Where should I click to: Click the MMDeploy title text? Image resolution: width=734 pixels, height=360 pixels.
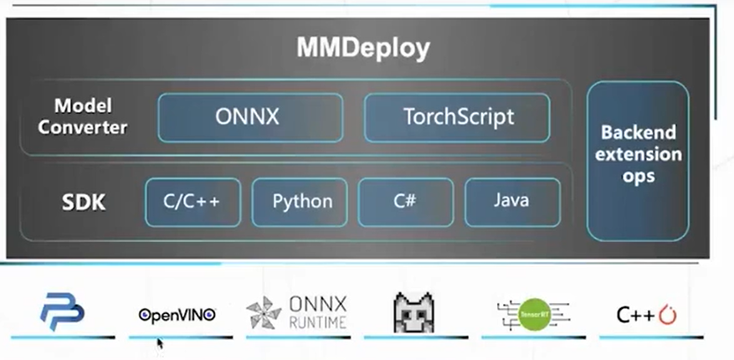click(x=363, y=49)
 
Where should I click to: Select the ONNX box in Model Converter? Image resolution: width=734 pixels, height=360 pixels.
click(x=250, y=116)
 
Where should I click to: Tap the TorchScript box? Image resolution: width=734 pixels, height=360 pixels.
click(x=457, y=116)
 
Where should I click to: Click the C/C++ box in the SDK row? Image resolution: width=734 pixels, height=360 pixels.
click(x=193, y=202)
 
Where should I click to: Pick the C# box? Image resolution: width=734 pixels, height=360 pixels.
click(x=406, y=202)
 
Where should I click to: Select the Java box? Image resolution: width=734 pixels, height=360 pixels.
click(x=511, y=202)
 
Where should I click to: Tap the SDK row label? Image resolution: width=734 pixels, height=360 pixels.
click(x=84, y=203)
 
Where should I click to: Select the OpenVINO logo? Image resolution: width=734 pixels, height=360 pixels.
click(x=177, y=315)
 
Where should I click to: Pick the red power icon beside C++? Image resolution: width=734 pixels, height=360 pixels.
click(x=667, y=316)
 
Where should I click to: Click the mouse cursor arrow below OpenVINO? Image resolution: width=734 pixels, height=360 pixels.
click(x=160, y=342)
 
